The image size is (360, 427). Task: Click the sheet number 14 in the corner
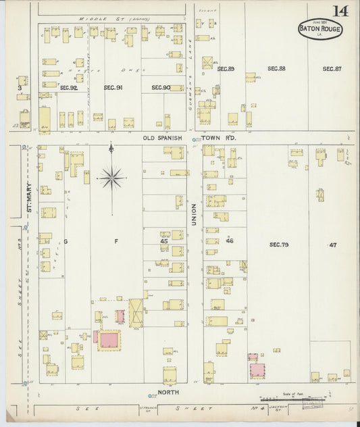coord(340,11)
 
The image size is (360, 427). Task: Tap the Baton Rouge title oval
coord(322,29)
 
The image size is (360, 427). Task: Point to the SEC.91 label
coord(113,87)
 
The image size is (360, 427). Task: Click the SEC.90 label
coord(160,87)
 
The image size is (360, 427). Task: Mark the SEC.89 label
coord(225,69)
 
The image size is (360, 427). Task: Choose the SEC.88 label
coord(276,69)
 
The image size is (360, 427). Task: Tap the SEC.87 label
coord(331,69)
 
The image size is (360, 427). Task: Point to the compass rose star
coord(111,178)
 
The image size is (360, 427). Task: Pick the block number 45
coord(163,241)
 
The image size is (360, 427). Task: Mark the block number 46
coord(230,241)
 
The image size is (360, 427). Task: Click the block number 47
coord(332,244)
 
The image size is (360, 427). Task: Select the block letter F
coord(115,241)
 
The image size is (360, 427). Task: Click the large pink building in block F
coord(108,339)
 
